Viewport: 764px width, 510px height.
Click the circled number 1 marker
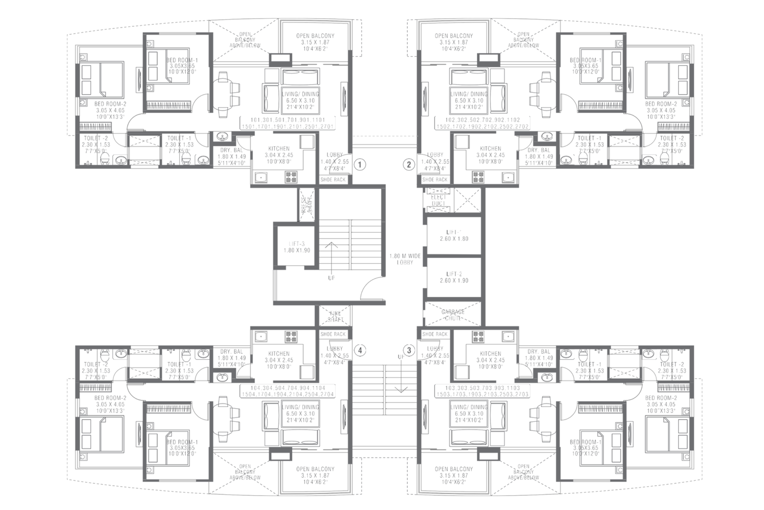(x=361, y=165)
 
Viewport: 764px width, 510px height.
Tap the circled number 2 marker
(x=408, y=165)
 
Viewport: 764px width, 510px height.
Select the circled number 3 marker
(x=408, y=350)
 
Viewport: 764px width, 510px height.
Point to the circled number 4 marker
(x=361, y=350)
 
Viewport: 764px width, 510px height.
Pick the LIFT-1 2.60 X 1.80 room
(x=454, y=235)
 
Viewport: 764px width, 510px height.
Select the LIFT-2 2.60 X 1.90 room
(x=454, y=277)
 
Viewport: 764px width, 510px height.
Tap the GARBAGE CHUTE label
(x=453, y=315)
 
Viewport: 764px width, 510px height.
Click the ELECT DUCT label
(x=438, y=200)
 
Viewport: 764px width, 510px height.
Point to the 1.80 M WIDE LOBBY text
(x=404, y=259)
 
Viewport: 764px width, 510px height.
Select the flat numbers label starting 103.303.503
(x=481, y=391)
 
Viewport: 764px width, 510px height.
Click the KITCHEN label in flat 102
(x=490, y=152)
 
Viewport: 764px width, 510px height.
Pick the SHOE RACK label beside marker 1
(x=333, y=180)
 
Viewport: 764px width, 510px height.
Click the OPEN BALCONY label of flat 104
(x=315, y=472)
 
